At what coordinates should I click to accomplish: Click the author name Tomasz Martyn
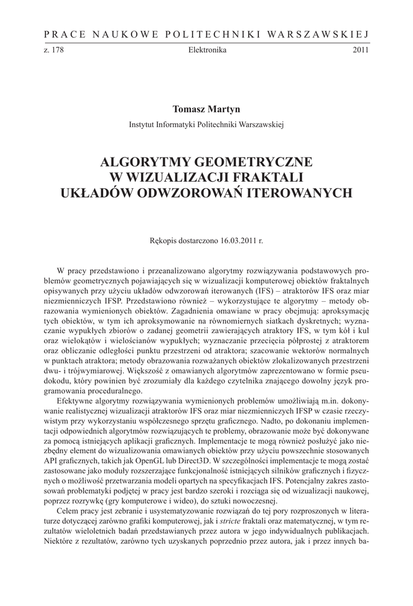pos(207,109)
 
